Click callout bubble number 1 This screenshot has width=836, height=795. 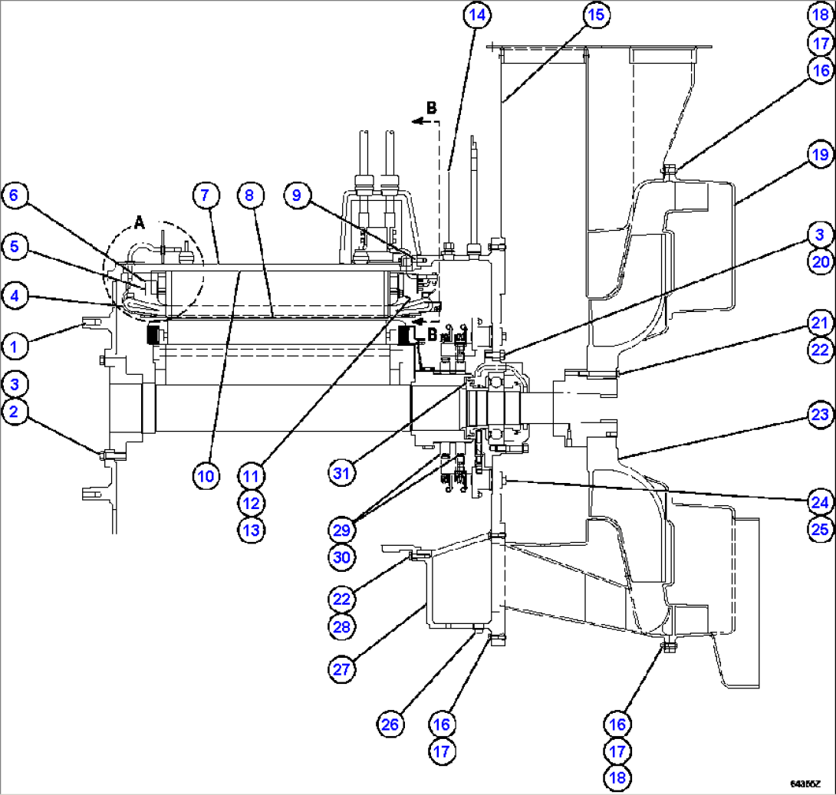[x=13, y=347]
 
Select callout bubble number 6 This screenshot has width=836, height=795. [x=13, y=195]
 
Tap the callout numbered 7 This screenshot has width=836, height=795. [x=205, y=195]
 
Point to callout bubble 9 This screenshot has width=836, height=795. [x=296, y=195]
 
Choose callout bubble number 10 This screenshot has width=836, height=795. [x=205, y=475]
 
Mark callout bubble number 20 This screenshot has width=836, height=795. [x=819, y=261]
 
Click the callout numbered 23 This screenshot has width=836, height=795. [x=819, y=416]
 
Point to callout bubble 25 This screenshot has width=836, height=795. [x=819, y=528]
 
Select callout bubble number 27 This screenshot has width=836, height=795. [x=341, y=669]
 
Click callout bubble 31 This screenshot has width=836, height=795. [x=341, y=474]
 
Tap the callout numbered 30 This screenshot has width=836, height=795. [x=341, y=557]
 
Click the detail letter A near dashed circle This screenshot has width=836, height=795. [x=139, y=222]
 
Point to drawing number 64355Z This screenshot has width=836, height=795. [x=806, y=784]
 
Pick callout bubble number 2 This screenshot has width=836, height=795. [x=13, y=412]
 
